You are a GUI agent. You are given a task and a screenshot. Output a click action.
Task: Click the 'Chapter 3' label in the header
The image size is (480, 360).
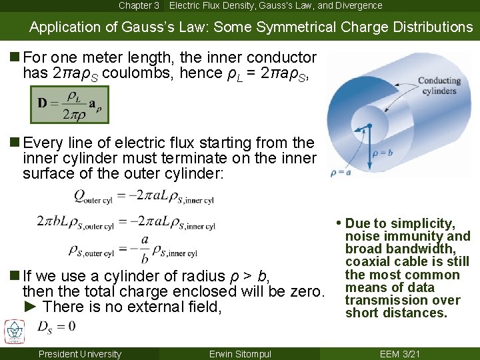pyautogui.click(x=139, y=5)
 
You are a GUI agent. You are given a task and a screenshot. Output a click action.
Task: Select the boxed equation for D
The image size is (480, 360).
pyautogui.click(x=69, y=105)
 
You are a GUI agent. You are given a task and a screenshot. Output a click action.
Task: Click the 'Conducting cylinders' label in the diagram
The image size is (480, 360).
pyautogui.click(x=438, y=86)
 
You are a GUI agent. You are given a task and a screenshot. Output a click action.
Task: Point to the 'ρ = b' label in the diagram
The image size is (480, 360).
pyautogui.click(x=385, y=152)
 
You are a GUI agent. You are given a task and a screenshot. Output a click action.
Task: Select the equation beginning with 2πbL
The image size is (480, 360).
pyautogui.click(x=126, y=221)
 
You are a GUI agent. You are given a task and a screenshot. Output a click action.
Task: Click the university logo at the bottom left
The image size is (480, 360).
pyautogui.click(x=13, y=331)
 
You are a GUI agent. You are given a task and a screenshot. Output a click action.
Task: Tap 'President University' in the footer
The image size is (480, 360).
pyautogui.click(x=80, y=354)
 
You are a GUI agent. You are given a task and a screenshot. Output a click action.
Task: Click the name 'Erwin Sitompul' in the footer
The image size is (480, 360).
pyautogui.click(x=239, y=354)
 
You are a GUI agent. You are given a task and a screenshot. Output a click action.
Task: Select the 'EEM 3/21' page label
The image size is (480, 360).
pyautogui.click(x=399, y=354)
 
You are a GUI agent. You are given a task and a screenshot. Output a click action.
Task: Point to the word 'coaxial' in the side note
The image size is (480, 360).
pyautogui.click(x=367, y=261)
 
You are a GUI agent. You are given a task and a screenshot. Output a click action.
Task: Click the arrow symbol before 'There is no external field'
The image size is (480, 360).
pyautogui.click(x=29, y=307)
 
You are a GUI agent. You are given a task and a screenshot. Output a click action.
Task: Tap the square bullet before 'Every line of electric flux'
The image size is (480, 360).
pyautogui.click(x=13, y=143)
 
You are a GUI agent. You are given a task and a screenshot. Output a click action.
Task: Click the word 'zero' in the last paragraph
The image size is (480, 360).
pyautogui.click(x=308, y=291)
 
